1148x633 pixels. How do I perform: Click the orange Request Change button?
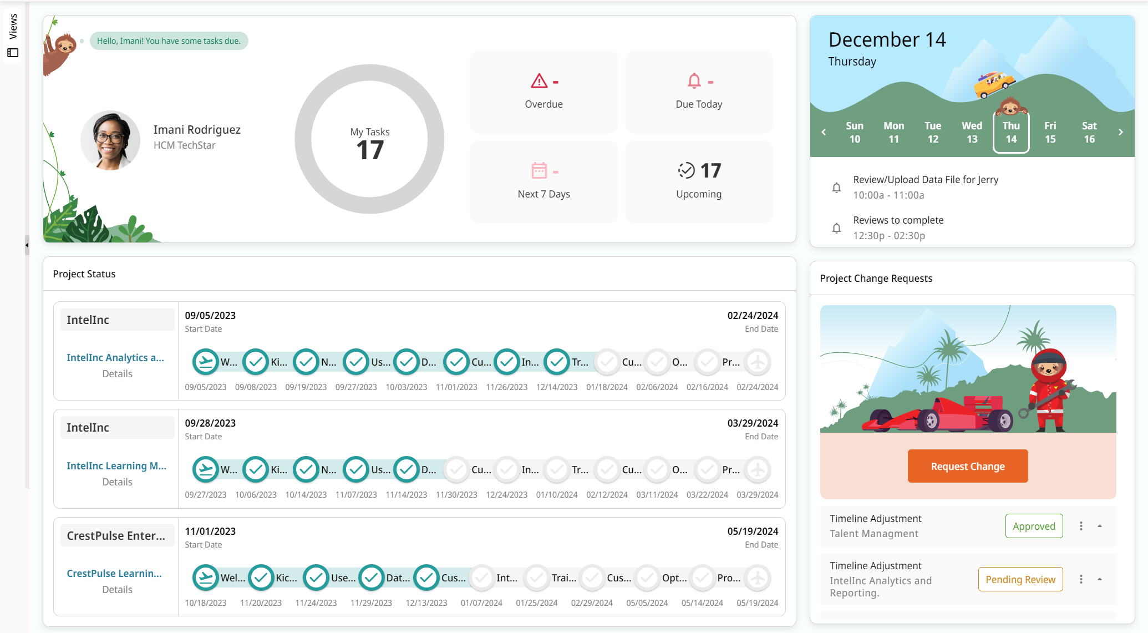coord(967,466)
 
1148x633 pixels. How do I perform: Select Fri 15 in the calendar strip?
coord(1050,132)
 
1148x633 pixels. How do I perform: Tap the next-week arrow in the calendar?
coord(1120,132)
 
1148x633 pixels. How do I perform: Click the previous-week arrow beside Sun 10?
coord(824,132)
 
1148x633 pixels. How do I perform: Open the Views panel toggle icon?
coord(13,53)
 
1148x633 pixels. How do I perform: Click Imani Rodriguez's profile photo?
coord(110,140)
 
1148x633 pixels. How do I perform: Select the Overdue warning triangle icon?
coord(539,82)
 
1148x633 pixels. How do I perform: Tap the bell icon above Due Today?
coord(694,82)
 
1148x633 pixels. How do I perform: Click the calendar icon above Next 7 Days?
coord(539,171)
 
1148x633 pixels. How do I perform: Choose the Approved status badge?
coord(1034,526)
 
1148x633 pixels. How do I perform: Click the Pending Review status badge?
coord(1020,579)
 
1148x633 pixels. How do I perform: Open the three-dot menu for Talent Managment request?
coord(1080,526)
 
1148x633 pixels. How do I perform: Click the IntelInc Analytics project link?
coord(115,358)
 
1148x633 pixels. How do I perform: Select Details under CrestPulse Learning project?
coord(117,590)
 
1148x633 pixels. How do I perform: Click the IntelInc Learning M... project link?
coord(116,466)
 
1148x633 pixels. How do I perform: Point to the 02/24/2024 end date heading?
coord(753,316)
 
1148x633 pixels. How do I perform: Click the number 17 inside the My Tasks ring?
coord(370,150)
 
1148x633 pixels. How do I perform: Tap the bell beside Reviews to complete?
coord(836,228)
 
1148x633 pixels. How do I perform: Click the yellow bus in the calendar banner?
coord(994,84)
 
